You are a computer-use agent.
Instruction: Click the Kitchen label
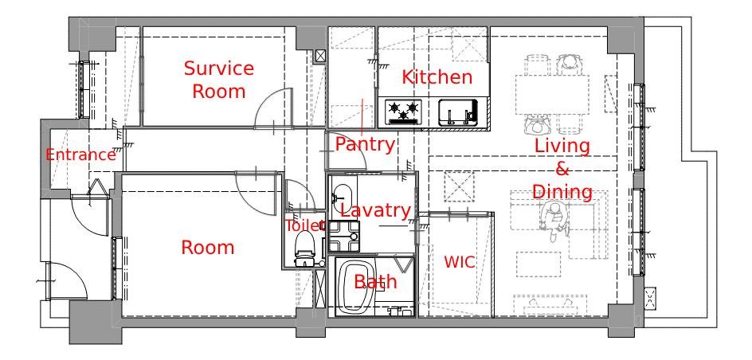[437, 77]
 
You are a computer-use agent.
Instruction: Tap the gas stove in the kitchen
[403, 112]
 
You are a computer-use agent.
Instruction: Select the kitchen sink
[459, 112]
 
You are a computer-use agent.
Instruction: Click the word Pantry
[365, 144]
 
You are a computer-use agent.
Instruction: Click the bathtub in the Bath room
[356, 287]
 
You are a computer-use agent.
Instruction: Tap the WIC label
[460, 262]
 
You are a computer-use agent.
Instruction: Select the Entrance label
[80, 155]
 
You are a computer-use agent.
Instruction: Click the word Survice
[219, 68]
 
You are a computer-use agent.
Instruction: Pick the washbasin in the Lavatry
[343, 196]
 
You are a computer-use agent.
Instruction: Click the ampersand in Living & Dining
[562, 169]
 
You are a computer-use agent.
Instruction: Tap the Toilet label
[306, 225]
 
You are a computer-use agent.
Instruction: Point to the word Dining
[562, 191]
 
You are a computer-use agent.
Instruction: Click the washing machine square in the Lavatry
[344, 236]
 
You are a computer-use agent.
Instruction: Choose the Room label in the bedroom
[208, 248]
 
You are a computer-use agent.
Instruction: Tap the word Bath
[375, 282]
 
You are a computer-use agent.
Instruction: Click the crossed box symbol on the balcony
[650, 299]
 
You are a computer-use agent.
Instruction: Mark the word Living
[562, 147]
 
